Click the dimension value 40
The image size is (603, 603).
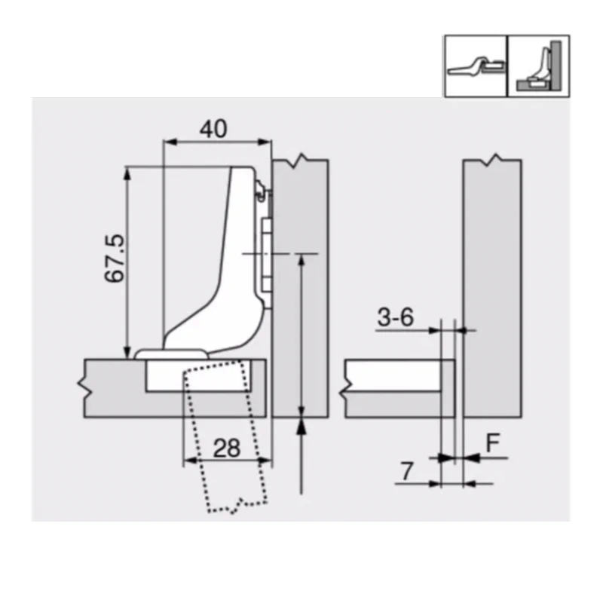[x=213, y=128]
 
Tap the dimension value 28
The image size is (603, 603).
[x=225, y=448]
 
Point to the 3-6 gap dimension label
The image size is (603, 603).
[x=395, y=318]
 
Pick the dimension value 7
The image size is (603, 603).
[x=406, y=472]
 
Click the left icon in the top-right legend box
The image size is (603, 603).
[x=474, y=66]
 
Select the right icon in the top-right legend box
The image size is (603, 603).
[x=537, y=66]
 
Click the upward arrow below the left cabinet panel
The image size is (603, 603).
[x=301, y=430]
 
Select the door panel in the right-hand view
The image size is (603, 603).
[x=399, y=389]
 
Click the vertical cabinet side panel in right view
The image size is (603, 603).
[x=492, y=286]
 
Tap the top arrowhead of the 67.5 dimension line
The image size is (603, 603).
[x=127, y=173]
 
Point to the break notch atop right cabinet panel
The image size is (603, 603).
[x=492, y=160]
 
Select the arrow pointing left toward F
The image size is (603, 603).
[x=473, y=457]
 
